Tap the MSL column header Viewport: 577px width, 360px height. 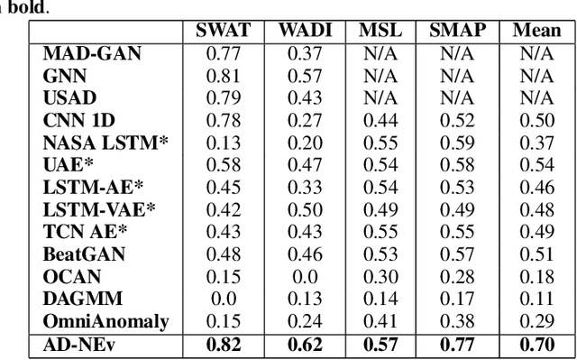pyautogui.click(x=380, y=31)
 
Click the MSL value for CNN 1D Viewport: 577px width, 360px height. pyautogui.click(x=380, y=119)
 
